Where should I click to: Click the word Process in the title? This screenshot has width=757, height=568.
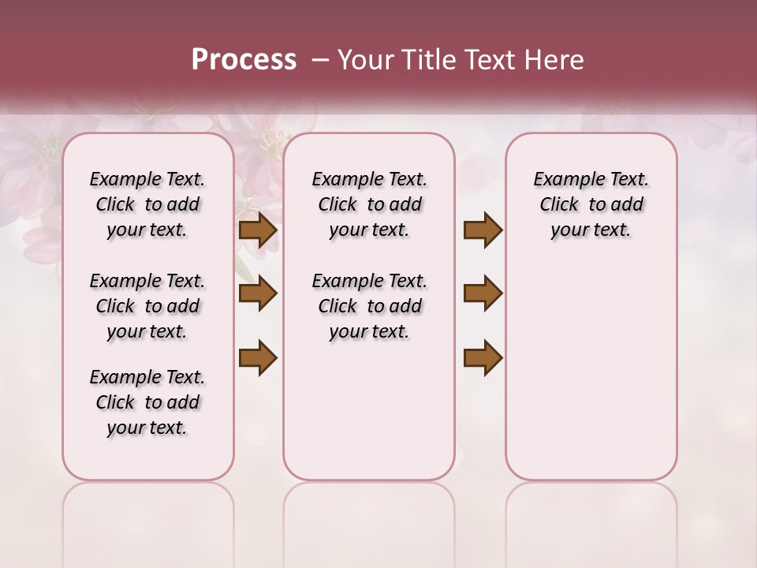[x=244, y=60]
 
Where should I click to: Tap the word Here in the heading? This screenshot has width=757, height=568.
[x=555, y=60]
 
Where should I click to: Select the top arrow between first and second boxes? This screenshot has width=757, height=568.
[x=258, y=230]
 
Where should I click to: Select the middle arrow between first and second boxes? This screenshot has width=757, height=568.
[x=258, y=294]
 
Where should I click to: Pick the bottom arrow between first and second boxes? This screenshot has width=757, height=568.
[x=258, y=357]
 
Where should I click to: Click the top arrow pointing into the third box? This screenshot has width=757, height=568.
[x=483, y=230]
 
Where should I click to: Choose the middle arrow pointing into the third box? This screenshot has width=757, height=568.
[x=483, y=294]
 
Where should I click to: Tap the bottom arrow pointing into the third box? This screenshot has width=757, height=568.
[x=483, y=357]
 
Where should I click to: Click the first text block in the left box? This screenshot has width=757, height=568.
[x=147, y=204]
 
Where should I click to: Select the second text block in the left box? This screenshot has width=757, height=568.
[x=147, y=306]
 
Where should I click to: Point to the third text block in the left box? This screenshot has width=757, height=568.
[x=147, y=402]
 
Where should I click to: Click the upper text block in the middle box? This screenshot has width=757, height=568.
[x=369, y=204]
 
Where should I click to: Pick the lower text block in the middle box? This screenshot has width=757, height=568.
[x=369, y=306]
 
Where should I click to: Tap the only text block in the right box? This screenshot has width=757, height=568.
[x=591, y=204]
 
